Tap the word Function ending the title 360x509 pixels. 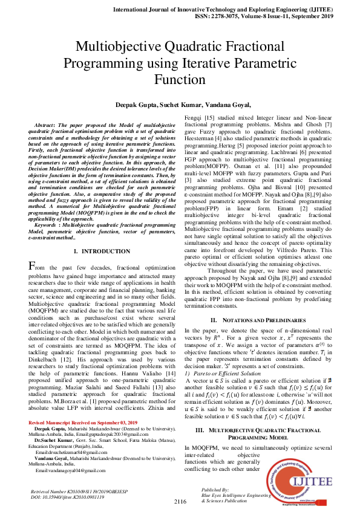point(180,79)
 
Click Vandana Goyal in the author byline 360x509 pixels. point(223,105)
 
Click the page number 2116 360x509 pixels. point(180,502)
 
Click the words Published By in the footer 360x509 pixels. point(217,490)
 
